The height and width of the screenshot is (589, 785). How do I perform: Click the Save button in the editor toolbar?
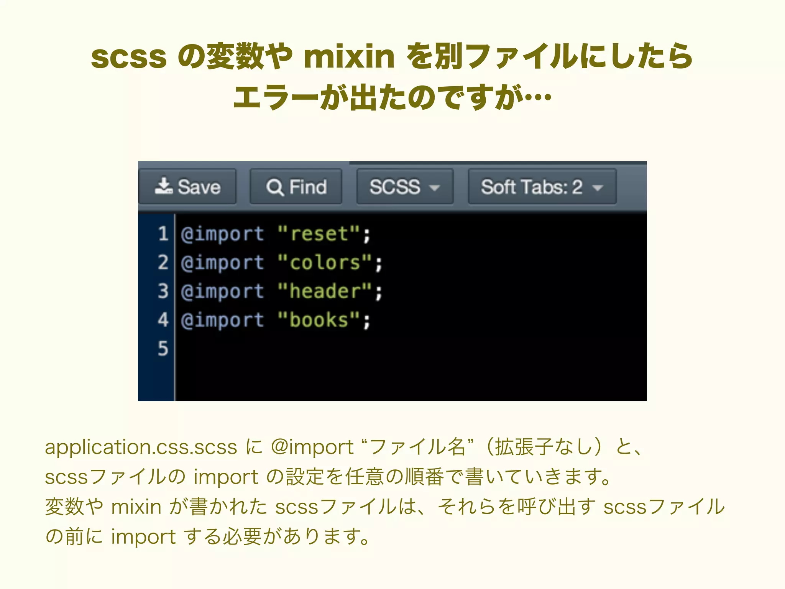pyautogui.click(x=187, y=187)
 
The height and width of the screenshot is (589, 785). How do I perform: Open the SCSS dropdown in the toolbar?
pyautogui.click(x=405, y=187)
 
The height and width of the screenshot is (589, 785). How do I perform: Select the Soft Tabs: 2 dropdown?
pyautogui.click(x=542, y=187)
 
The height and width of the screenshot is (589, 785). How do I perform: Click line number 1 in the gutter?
pyautogui.click(x=163, y=234)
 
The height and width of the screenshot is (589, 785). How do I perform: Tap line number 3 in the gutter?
pyautogui.click(x=163, y=291)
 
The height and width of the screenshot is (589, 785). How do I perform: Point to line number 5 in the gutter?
pyautogui.click(x=163, y=349)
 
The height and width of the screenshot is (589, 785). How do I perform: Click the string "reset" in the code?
pyautogui.click(x=319, y=234)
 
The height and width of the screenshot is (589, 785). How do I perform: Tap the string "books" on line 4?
pyautogui.click(x=319, y=320)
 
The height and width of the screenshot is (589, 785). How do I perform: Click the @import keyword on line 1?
pyautogui.click(x=222, y=234)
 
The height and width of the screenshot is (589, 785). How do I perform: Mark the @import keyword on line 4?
pyautogui.click(x=222, y=320)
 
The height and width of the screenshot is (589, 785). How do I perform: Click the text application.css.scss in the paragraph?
pyautogui.click(x=141, y=447)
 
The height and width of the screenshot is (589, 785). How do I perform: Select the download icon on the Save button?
pyautogui.click(x=164, y=186)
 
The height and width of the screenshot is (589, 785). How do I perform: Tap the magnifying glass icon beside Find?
pyautogui.click(x=275, y=188)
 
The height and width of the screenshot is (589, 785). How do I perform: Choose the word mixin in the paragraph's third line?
pyautogui.click(x=136, y=507)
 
